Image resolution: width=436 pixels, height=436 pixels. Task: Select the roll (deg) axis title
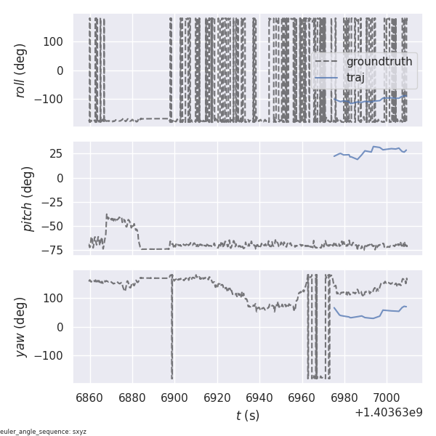(22, 70)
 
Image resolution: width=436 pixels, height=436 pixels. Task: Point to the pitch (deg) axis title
(28, 198)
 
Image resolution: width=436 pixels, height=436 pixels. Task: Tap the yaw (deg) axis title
(22, 327)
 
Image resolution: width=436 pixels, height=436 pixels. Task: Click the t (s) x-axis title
(248, 416)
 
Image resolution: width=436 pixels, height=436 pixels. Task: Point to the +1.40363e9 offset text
(388, 413)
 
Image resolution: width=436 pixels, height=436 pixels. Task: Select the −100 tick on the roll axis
(52, 100)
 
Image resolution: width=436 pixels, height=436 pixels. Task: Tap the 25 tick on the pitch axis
(60, 154)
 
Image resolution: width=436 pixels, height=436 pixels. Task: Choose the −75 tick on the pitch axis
(56, 250)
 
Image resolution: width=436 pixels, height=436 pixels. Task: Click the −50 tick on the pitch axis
(56, 226)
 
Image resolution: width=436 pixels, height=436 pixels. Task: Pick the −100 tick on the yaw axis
(52, 356)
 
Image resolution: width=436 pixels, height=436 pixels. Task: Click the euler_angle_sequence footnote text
(44, 432)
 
